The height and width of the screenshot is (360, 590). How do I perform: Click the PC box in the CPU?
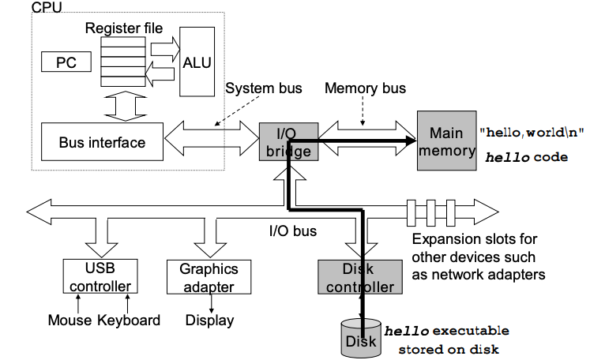pyautogui.click(x=66, y=62)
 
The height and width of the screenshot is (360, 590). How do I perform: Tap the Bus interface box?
pyautogui.click(x=102, y=142)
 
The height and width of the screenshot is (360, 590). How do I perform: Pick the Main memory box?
pyautogui.click(x=446, y=141)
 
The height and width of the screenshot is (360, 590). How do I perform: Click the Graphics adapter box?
pyautogui.click(x=203, y=276)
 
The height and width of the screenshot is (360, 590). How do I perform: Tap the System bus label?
pyautogui.click(x=264, y=88)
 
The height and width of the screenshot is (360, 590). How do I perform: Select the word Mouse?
pyautogui.click(x=70, y=320)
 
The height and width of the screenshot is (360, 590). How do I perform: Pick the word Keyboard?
pyautogui.click(x=129, y=320)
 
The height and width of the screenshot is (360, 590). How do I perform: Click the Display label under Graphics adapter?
pyautogui.click(x=209, y=320)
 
